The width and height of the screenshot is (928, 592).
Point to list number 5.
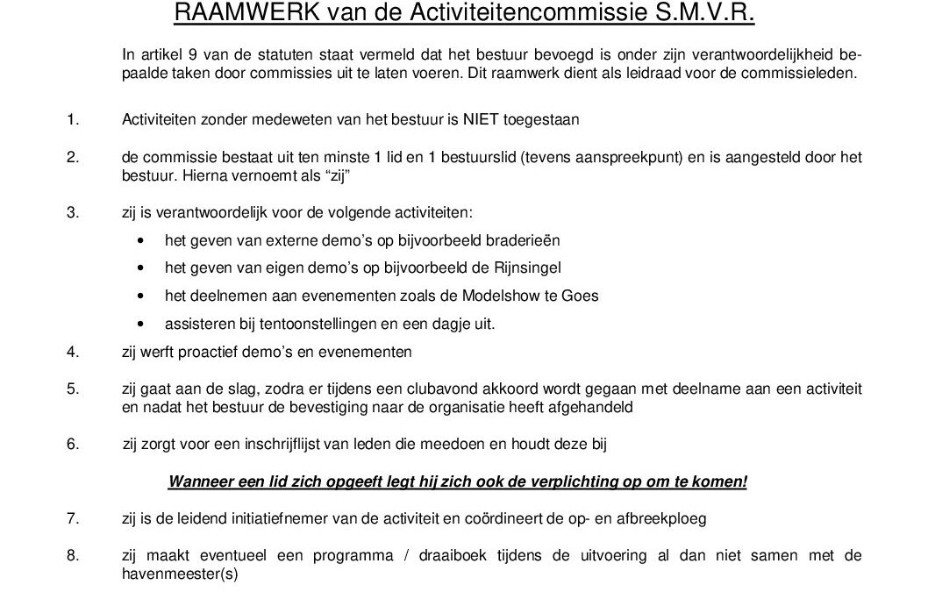point(72,387)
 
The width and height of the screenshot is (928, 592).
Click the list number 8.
point(72,555)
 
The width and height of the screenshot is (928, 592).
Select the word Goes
point(581,296)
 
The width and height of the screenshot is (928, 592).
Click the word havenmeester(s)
point(180,574)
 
